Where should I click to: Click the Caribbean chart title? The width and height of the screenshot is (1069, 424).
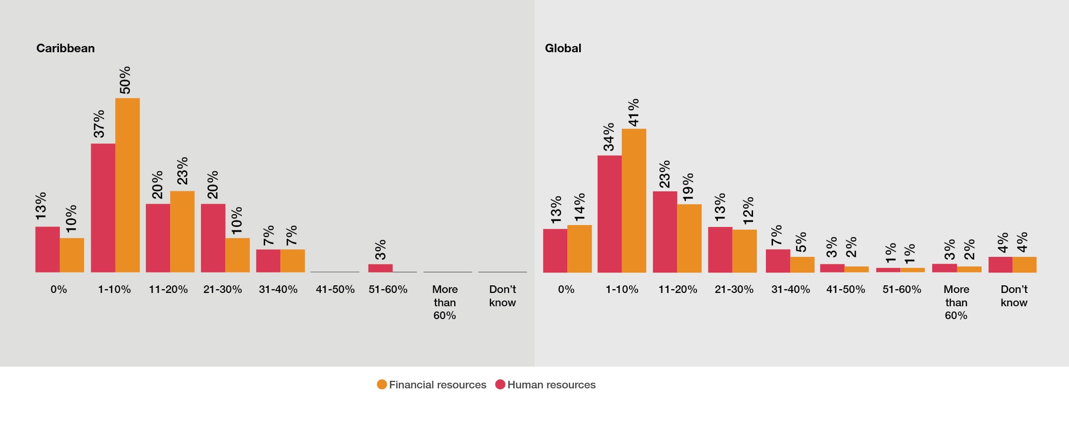click(66, 48)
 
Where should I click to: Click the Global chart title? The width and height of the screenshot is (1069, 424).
click(563, 48)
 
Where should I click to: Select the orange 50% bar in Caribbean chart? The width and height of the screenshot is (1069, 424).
click(127, 185)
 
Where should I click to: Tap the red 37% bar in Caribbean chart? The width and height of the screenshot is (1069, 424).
click(103, 208)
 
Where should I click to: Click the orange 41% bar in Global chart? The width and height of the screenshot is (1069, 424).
click(634, 200)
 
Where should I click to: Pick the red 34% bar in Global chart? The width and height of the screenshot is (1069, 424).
click(609, 214)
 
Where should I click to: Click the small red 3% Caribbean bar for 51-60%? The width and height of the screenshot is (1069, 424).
click(380, 268)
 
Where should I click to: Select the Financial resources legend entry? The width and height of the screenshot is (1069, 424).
click(432, 385)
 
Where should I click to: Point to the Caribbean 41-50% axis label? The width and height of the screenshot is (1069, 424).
click(335, 289)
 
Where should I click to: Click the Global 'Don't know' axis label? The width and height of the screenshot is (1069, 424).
click(1014, 296)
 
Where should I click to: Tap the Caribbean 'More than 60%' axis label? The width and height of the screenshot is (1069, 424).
click(445, 302)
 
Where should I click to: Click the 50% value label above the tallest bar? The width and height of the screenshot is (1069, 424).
click(124, 80)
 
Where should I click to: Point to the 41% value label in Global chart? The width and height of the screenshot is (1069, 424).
click(633, 113)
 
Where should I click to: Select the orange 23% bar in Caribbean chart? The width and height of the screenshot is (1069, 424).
click(182, 232)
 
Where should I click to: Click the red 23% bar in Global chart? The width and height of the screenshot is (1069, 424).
click(665, 232)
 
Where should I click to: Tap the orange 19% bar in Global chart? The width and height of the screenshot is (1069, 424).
click(689, 238)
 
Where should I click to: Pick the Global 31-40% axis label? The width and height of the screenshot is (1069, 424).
click(791, 289)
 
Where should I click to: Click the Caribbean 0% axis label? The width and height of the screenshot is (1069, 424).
click(59, 289)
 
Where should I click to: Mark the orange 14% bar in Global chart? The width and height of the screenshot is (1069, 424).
click(579, 249)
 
